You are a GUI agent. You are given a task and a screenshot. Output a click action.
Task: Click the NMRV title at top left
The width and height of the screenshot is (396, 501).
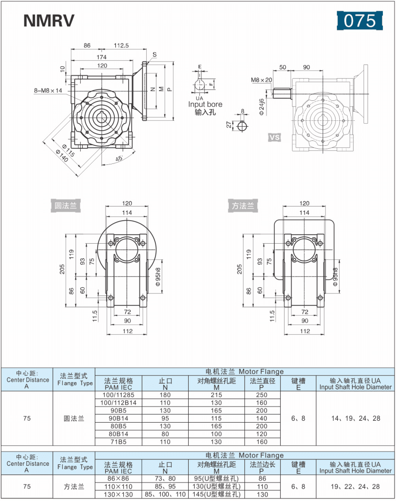(49, 20)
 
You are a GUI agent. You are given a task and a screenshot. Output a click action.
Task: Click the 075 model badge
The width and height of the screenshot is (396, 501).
(359, 20)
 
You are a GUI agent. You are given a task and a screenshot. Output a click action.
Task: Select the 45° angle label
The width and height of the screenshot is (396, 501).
(119, 159)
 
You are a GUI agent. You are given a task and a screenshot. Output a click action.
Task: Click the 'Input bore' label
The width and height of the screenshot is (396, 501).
(205, 104)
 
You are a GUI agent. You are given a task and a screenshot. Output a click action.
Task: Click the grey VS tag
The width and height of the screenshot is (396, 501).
(275, 137)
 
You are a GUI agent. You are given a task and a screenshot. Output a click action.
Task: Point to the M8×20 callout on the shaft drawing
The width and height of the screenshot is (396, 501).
(261, 80)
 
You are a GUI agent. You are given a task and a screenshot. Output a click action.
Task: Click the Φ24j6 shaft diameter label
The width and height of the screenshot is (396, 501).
(262, 106)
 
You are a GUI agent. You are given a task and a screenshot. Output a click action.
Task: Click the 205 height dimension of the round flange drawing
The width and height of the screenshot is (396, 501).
(63, 270)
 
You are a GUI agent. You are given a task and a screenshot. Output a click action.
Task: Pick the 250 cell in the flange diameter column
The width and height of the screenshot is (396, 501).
(262, 394)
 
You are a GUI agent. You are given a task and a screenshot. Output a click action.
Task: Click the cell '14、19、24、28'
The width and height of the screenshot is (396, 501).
(355, 418)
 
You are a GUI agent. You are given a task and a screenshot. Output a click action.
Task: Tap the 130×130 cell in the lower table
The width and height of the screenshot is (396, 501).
(119, 494)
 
